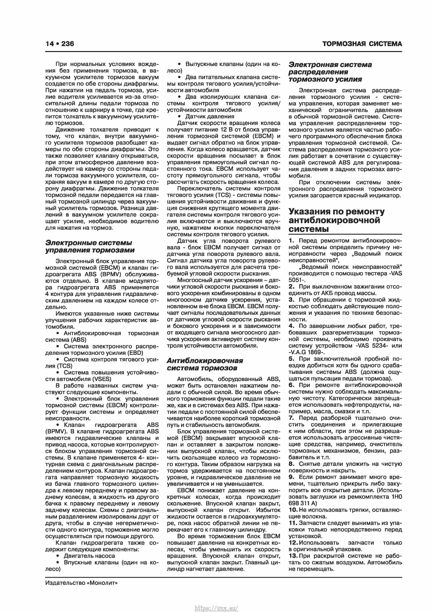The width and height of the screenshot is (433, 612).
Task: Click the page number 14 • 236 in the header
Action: pyautogui.click(x=60, y=44)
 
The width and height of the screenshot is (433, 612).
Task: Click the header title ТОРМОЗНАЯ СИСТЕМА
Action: pyautogui.click(x=362, y=44)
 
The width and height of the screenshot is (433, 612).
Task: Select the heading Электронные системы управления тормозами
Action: pyautogui.click(x=90, y=246)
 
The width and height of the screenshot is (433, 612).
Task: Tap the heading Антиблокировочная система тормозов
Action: pyautogui.click(x=205, y=364)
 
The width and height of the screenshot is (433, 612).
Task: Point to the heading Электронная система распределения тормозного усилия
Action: pyautogui.click(x=330, y=72)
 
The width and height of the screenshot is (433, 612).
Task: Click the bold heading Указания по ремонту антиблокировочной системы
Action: pyautogui.click(x=336, y=220)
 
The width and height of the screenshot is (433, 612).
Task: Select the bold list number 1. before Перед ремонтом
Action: pyautogui.click(x=292, y=241)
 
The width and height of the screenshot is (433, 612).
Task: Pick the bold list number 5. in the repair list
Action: pyautogui.click(x=292, y=359)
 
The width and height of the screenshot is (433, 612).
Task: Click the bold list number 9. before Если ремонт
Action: pyautogui.click(x=292, y=477)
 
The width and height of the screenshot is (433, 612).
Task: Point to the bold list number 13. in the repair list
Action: pyautogui.click(x=293, y=556)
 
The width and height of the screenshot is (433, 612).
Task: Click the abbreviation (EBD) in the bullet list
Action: pyautogui.click(x=136, y=353)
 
